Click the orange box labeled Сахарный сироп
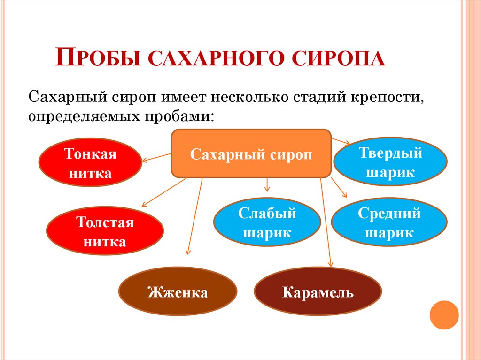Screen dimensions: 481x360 click(x=251, y=154)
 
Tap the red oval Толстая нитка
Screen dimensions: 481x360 click(x=105, y=232)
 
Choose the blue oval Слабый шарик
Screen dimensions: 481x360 click(x=267, y=223)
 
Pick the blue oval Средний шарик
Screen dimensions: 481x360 click(x=389, y=223)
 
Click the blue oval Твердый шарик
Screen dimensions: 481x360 click(x=390, y=162)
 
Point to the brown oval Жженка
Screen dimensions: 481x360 click(x=178, y=293)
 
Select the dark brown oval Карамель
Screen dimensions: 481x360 click(x=318, y=293)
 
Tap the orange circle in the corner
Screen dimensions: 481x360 click(x=444, y=314)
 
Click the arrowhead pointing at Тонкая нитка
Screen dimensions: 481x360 click(x=144, y=160)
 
